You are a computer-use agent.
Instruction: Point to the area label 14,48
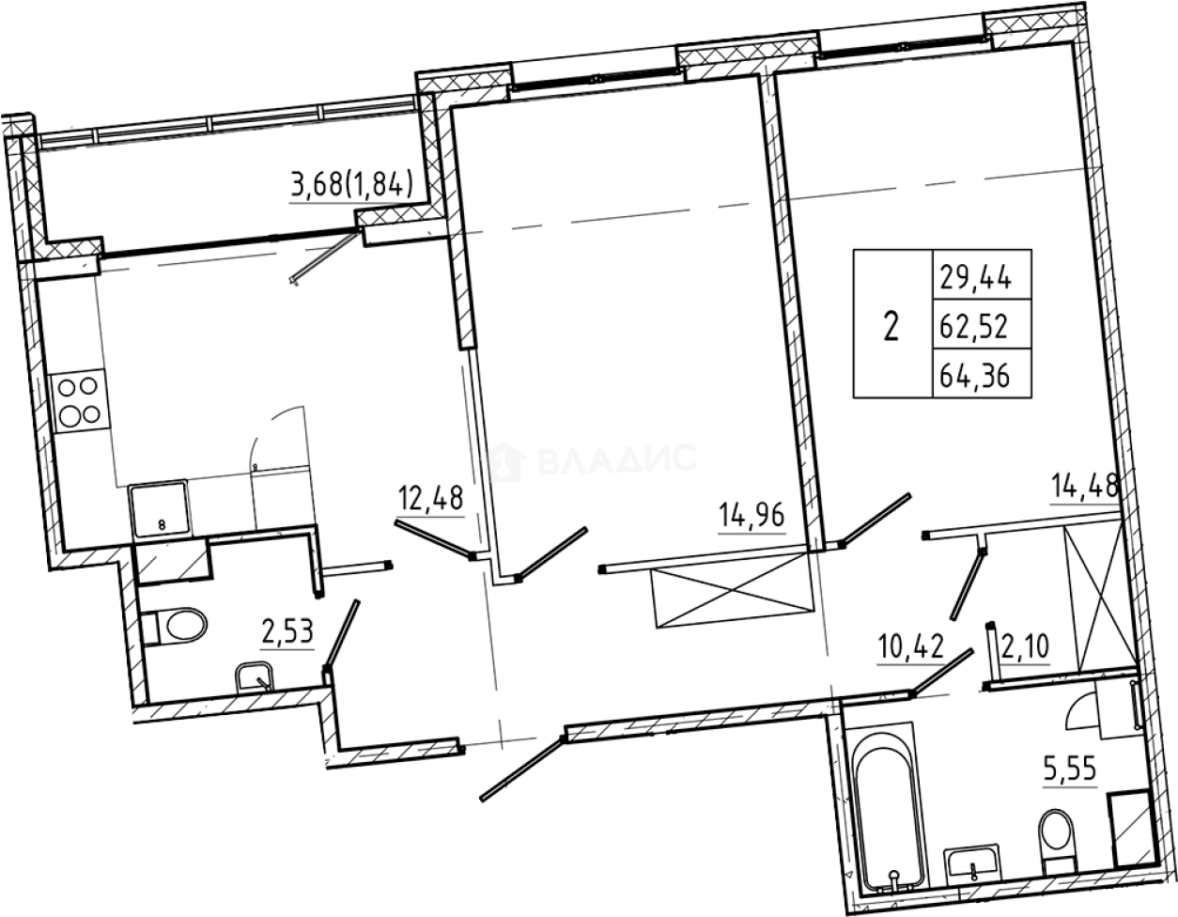(x=1084, y=486)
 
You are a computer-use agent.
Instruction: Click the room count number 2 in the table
(x=891, y=326)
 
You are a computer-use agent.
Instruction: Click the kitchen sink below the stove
(x=158, y=509)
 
